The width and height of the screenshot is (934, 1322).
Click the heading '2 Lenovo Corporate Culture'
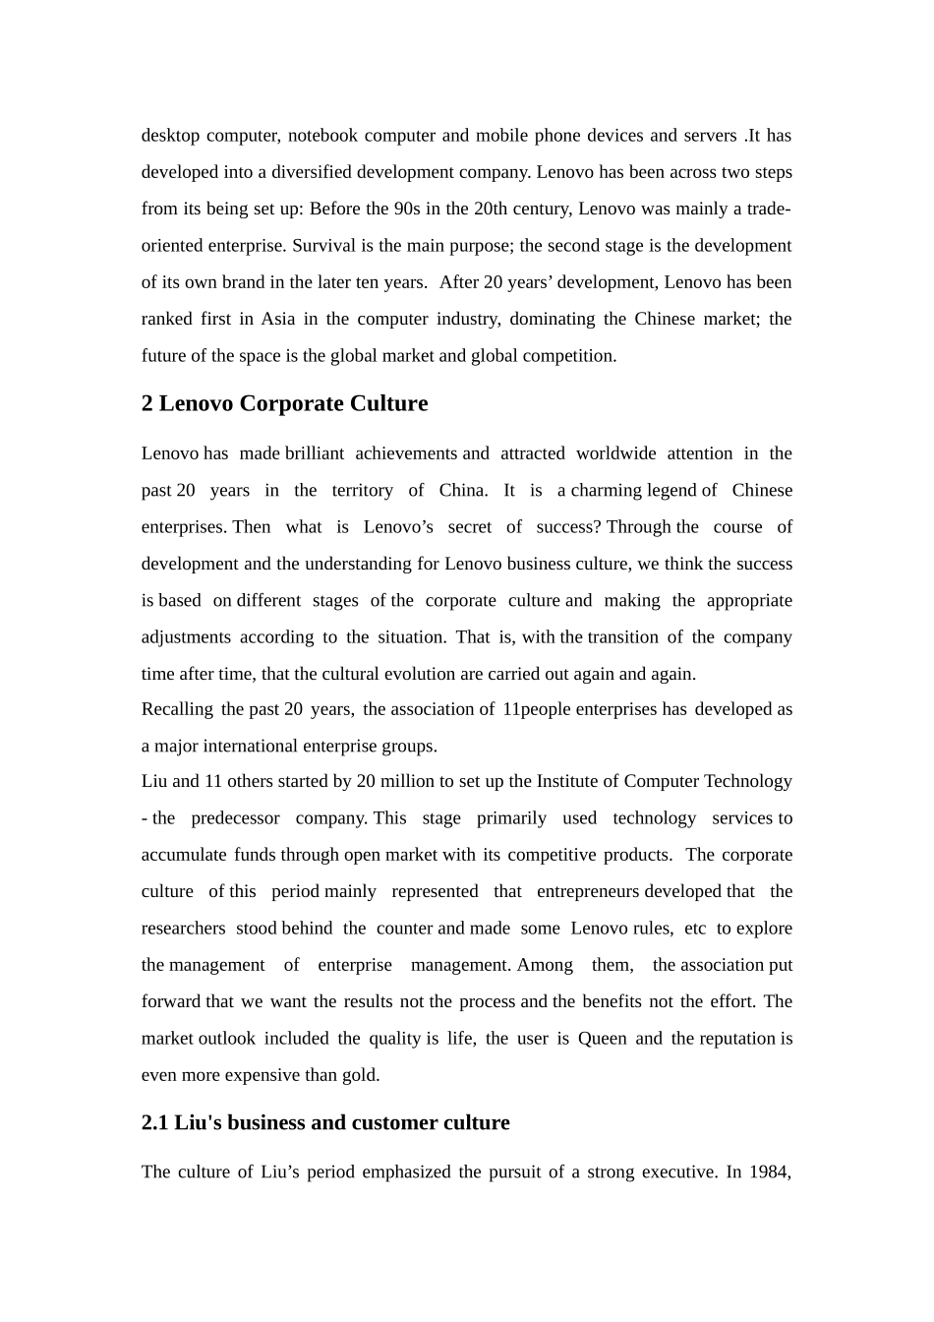(284, 404)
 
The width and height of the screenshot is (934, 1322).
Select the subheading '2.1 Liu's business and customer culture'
(325, 1123)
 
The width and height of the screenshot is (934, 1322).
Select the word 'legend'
(671, 491)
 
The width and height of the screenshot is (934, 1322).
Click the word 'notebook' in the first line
(322, 136)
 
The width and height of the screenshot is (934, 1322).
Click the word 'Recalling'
(177, 710)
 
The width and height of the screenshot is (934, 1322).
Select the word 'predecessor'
(235, 818)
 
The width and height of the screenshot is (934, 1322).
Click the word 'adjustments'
(186, 637)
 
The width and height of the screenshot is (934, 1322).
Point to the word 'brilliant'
(314, 454)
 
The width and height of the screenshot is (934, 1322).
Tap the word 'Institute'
(568, 782)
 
